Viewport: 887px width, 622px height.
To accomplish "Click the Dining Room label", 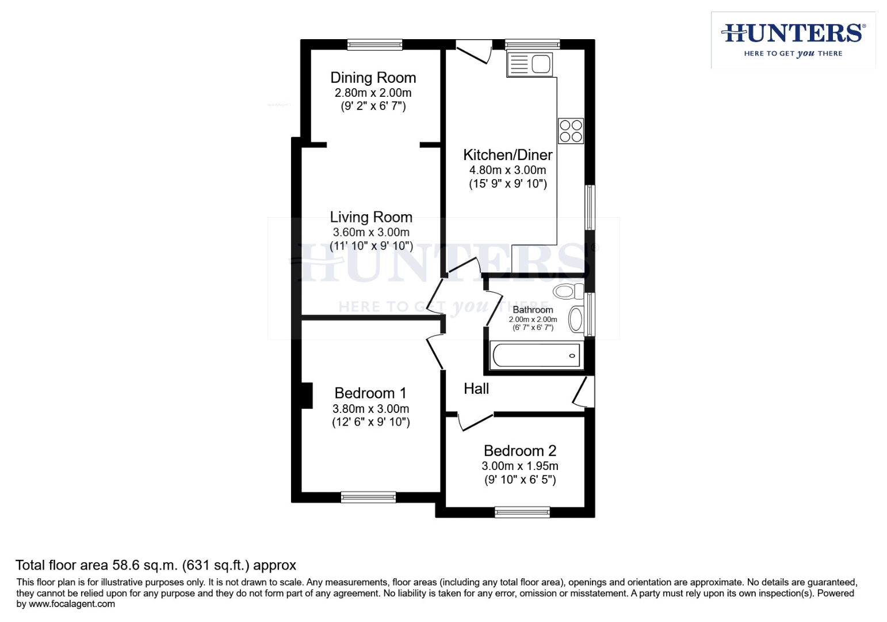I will (373, 78).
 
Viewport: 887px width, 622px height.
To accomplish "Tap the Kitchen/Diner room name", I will (507, 155).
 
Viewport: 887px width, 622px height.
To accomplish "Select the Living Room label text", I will (371, 217).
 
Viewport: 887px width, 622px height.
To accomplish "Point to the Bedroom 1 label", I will (370, 393).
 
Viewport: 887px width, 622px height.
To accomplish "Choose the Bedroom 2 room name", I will (520, 451).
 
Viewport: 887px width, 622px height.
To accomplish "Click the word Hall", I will (476, 389).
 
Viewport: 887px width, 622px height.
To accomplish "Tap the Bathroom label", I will (533, 310).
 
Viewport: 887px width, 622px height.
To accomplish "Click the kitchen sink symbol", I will (530, 64).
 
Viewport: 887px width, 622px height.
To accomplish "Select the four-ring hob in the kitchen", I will (571, 131).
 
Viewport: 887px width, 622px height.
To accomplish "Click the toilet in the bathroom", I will (568, 291).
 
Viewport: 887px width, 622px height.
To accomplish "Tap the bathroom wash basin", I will (575, 319).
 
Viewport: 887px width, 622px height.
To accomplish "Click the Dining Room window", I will (374, 44).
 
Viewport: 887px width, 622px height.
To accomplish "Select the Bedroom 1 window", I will (368, 497).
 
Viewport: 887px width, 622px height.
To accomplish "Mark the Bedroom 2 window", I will (522, 512).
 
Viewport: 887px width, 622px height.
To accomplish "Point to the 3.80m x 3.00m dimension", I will (370, 409).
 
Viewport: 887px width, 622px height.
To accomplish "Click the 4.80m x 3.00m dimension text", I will (507, 170).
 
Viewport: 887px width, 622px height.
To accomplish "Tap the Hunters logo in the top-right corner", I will (793, 40).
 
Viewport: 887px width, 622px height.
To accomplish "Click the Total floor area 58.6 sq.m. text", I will (155, 566).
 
